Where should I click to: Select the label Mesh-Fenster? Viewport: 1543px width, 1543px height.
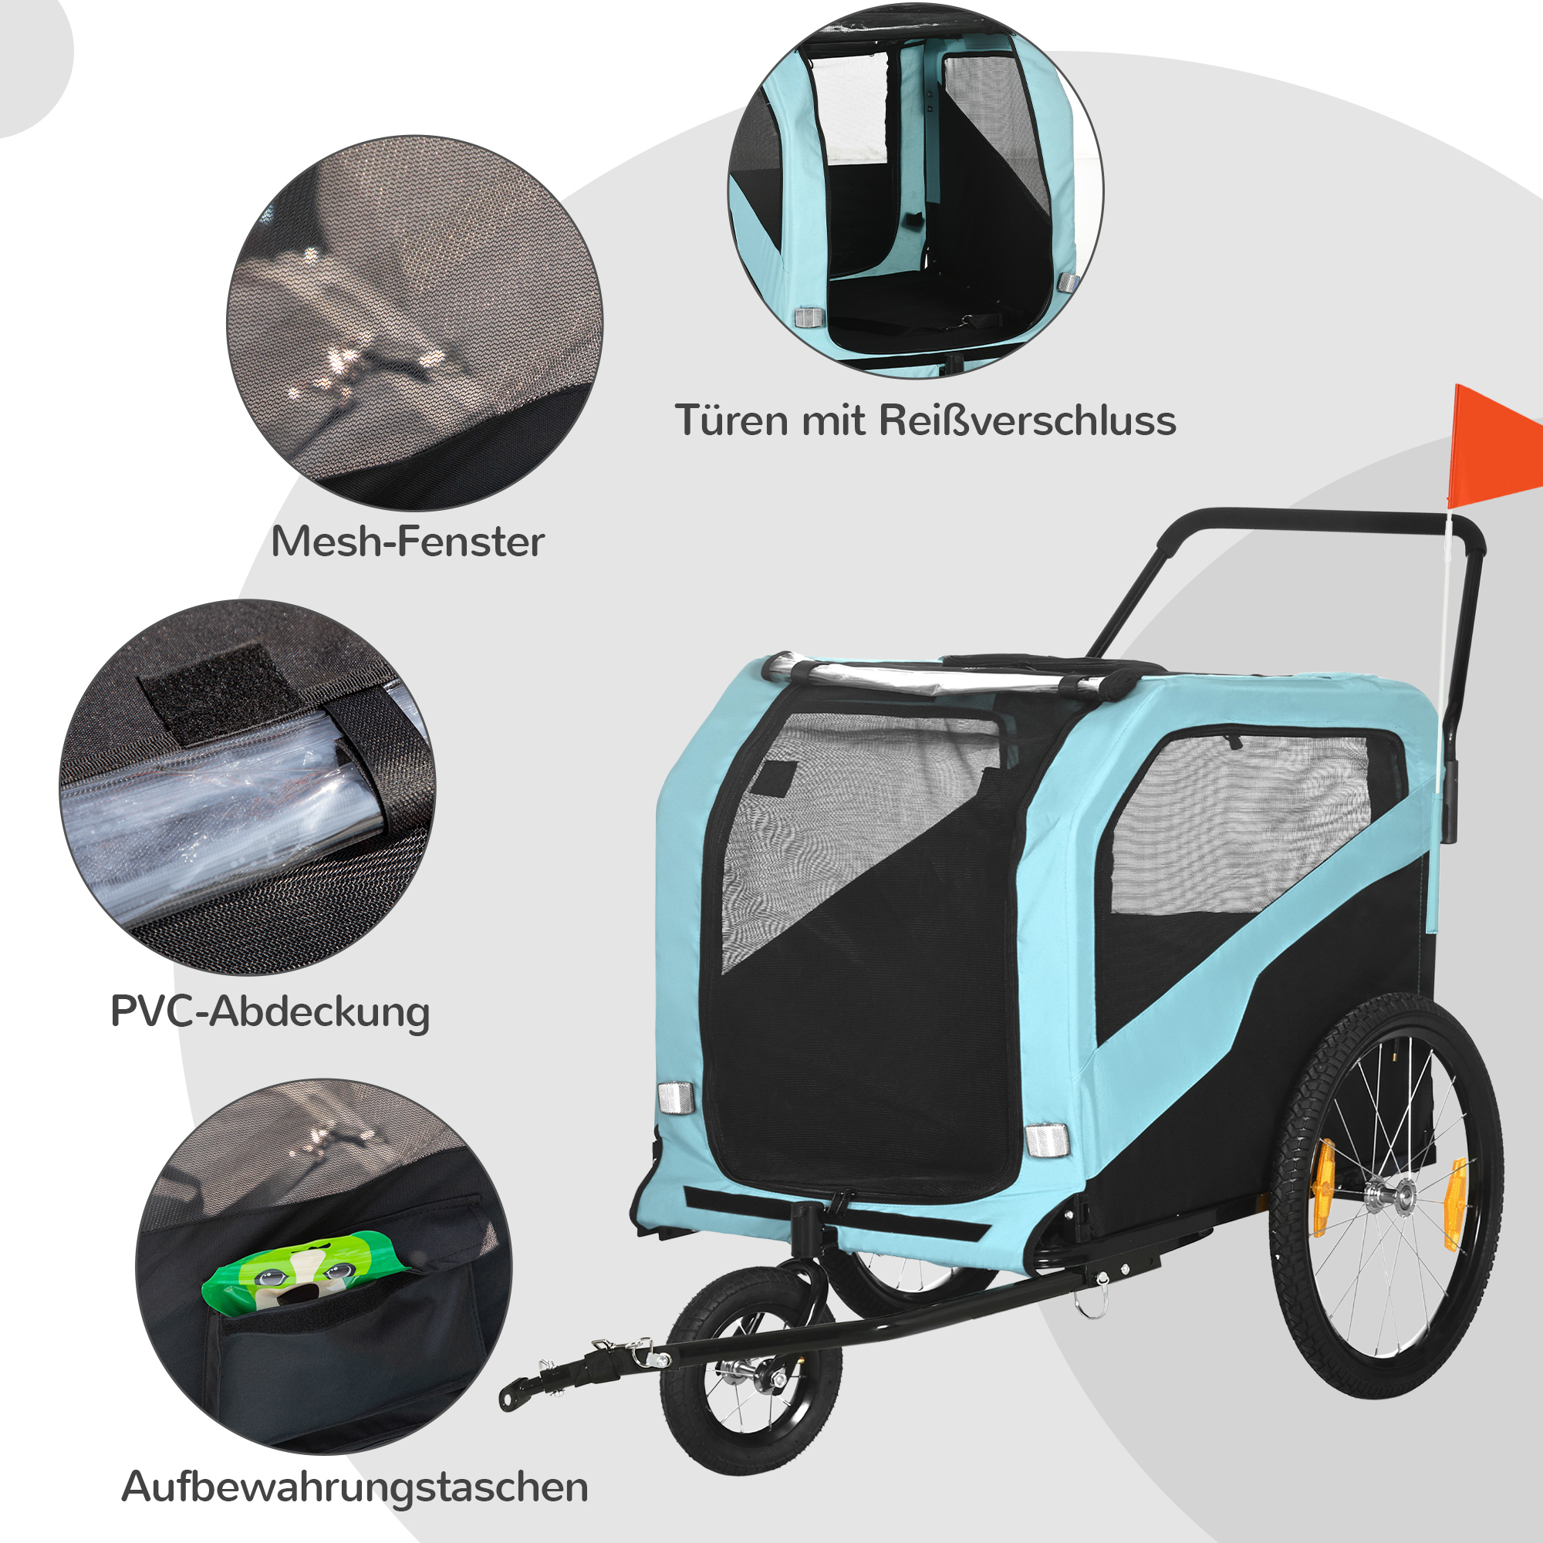(407, 542)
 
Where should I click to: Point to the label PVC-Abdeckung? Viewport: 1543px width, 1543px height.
(270, 1013)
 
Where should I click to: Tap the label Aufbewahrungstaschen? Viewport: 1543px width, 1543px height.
(355, 1488)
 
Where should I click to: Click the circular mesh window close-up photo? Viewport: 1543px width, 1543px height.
(415, 322)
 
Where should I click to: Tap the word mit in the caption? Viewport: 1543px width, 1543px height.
(833, 420)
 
